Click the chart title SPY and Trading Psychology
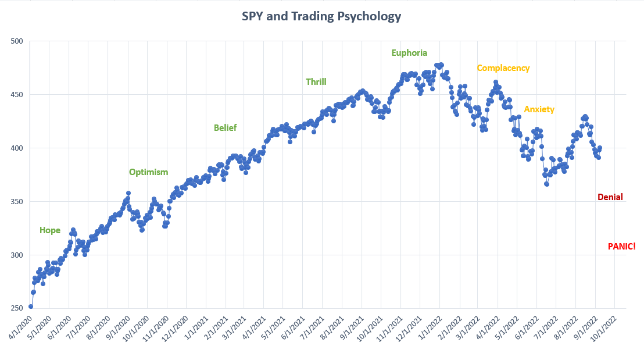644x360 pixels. (x=321, y=16)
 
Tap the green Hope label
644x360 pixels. (x=50, y=230)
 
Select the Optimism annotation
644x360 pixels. (x=148, y=172)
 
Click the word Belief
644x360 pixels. (x=225, y=128)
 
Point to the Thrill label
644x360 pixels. (x=316, y=82)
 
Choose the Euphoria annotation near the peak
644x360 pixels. (x=409, y=53)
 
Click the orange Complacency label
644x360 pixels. (x=503, y=68)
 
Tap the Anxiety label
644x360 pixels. (x=539, y=109)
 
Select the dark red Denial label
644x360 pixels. (x=610, y=197)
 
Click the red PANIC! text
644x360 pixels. (x=621, y=247)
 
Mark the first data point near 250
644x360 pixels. (x=31, y=306)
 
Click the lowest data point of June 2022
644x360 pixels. (x=546, y=184)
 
